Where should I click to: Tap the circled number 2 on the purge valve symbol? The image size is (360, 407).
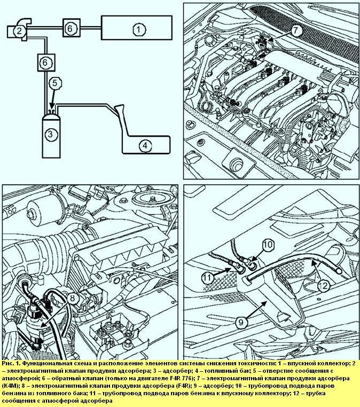pyautogui.click(x=19, y=31)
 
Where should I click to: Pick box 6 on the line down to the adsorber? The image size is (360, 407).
pyautogui.click(x=46, y=62)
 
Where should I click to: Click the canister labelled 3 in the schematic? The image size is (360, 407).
pyautogui.click(x=50, y=134)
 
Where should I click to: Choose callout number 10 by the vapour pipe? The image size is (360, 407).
pyautogui.click(x=268, y=246)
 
